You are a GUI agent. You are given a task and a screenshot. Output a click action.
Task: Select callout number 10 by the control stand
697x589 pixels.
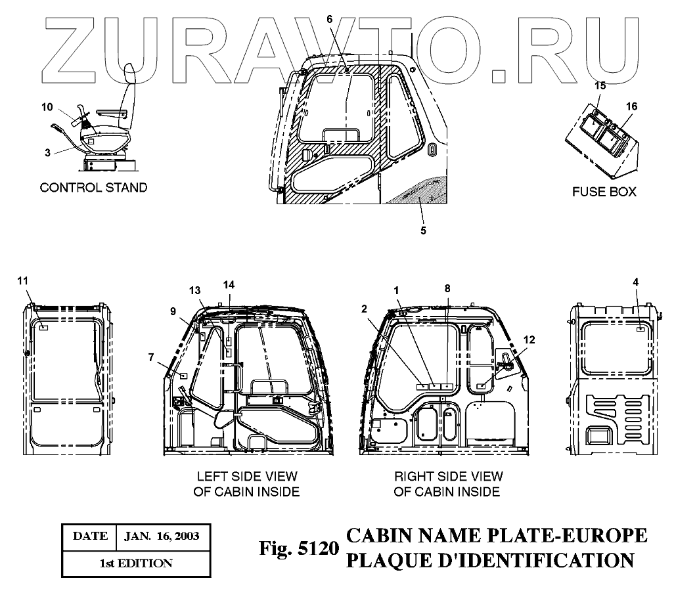click(x=47, y=106)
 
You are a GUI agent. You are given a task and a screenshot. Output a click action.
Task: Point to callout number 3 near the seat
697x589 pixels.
click(x=48, y=152)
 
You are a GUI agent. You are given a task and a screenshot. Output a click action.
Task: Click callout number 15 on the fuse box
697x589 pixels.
click(x=600, y=86)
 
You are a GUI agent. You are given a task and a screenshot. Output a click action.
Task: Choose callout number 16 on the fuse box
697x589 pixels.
click(x=631, y=106)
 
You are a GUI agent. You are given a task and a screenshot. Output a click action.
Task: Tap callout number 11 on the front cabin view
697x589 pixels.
click(x=24, y=281)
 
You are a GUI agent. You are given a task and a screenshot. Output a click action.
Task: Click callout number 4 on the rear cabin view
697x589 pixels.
click(x=636, y=282)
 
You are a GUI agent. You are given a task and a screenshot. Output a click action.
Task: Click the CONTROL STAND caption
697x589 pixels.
click(x=93, y=188)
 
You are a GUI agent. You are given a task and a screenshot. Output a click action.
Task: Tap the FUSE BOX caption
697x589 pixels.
click(x=603, y=192)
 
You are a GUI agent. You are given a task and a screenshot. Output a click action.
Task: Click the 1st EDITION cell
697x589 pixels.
click(x=136, y=563)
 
